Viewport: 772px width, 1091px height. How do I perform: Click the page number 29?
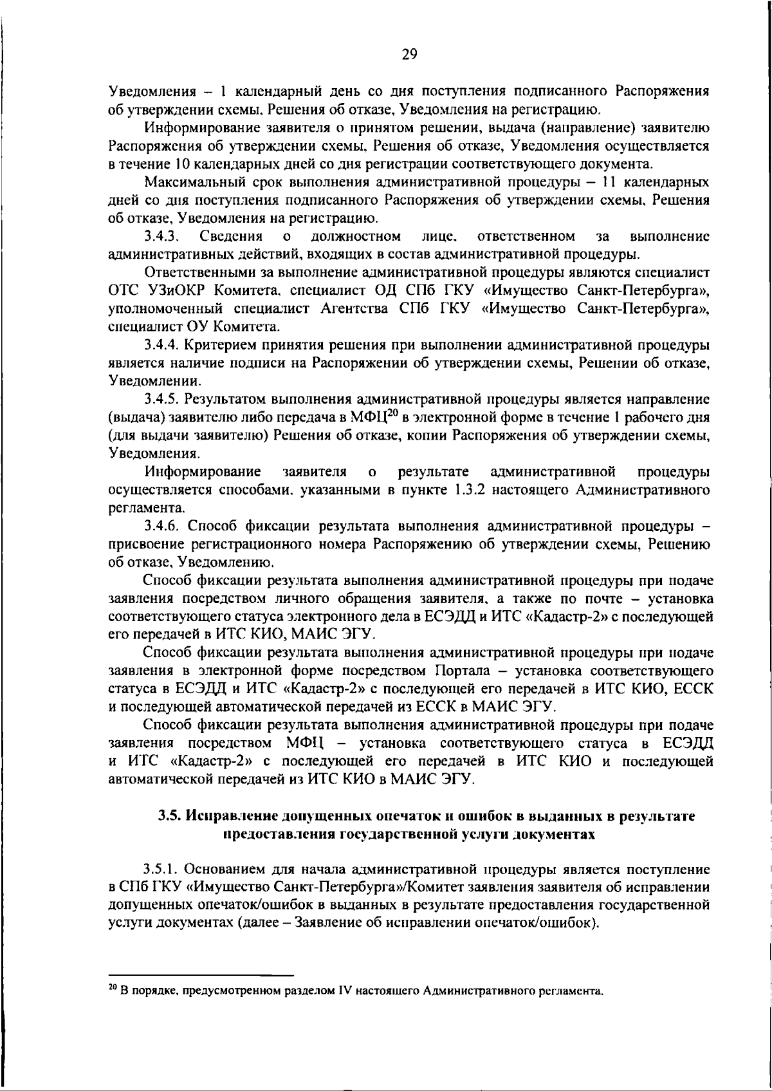pyautogui.click(x=409, y=55)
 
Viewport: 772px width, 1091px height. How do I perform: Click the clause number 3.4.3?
pyautogui.click(x=161, y=236)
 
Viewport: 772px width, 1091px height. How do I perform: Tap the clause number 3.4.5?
pyautogui.click(x=165, y=399)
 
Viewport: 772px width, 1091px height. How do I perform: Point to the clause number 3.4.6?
pyautogui.click(x=165, y=526)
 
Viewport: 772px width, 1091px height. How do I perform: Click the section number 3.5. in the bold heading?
pyautogui.click(x=170, y=816)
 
